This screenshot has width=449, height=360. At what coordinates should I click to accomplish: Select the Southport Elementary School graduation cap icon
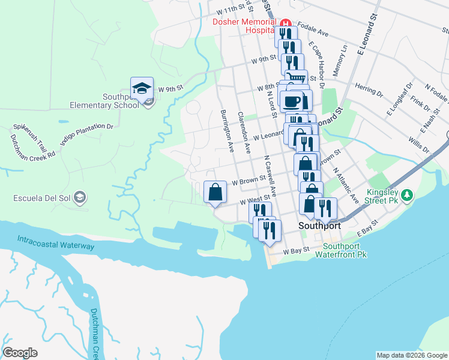tap(142, 88)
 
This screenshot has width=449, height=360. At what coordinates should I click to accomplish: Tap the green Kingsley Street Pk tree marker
tap(407, 195)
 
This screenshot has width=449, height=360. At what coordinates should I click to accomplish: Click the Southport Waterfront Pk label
tap(345, 250)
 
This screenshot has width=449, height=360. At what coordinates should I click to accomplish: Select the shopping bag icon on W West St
tap(215, 192)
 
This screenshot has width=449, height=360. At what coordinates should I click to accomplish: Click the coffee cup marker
tap(291, 101)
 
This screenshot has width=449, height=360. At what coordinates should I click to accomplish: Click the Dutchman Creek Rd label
tap(32, 146)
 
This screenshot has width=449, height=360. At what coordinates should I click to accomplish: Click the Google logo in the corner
tap(20, 353)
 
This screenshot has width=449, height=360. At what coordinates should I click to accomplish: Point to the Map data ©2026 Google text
tap(412, 355)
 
